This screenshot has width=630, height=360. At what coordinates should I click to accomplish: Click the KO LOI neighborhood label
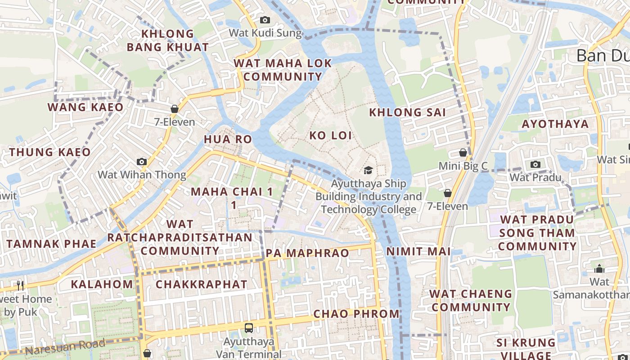pyautogui.click(x=330, y=135)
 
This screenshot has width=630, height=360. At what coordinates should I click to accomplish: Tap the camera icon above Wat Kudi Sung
pyautogui.click(x=265, y=20)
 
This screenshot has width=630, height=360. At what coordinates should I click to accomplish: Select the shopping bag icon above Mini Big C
pyautogui.click(x=463, y=153)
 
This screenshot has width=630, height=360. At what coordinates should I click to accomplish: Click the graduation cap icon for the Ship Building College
pyautogui.click(x=368, y=170)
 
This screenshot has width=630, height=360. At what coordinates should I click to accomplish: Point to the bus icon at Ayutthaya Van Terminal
pyautogui.click(x=249, y=328)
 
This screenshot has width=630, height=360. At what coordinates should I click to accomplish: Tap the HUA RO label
pyautogui.click(x=228, y=139)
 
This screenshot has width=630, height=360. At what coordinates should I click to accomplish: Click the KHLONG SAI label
pyautogui.click(x=407, y=112)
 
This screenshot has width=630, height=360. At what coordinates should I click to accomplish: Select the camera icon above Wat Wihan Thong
pyautogui.click(x=142, y=162)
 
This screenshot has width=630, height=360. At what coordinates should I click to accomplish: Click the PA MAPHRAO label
pyautogui.click(x=307, y=253)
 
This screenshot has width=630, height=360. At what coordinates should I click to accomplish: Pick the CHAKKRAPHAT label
pyautogui.click(x=202, y=284)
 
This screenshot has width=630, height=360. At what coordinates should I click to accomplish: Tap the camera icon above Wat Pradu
pyautogui.click(x=535, y=164)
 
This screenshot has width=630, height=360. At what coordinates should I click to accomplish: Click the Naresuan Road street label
pyautogui.click(x=65, y=347)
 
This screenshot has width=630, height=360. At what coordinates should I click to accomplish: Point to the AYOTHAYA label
pyautogui.click(x=555, y=124)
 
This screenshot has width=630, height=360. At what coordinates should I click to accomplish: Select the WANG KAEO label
pyautogui.click(x=85, y=107)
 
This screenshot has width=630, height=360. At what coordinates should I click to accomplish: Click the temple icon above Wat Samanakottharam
pyautogui.click(x=599, y=269)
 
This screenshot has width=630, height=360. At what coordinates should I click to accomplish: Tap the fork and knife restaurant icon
pyautogui.click(x=20, y=285)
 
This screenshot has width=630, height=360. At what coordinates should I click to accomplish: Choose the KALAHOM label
pyautogui.click(x=102, y=284)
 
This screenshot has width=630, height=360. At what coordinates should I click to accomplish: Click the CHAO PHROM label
pyautogui.click(x=356, y=314)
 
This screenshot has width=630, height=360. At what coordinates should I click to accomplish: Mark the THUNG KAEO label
pyautogui.click(x=50, y=152)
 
